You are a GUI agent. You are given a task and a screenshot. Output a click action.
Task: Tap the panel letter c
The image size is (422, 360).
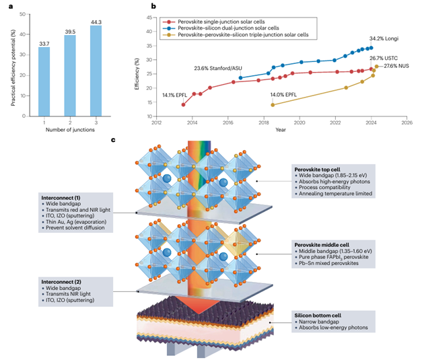pyautogui.click(x=113, y=139)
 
